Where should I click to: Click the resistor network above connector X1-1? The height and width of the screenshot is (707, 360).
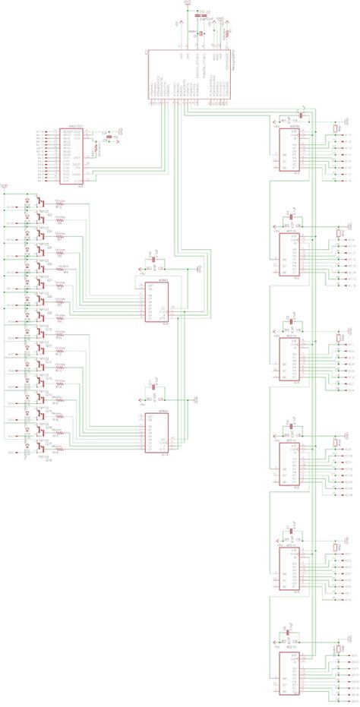336,129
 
